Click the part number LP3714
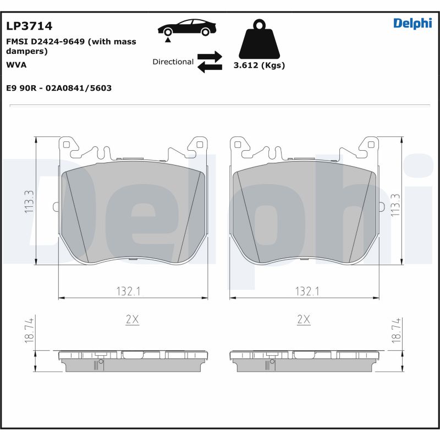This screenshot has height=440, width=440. click(x=29, y=26)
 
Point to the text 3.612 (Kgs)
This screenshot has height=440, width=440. click(x=259, y=65)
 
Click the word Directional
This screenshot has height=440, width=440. click(x=173, y=62)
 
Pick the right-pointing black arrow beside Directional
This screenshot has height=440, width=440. click(x=210, y=56)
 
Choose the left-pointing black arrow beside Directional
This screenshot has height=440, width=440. click(x=210, y=67)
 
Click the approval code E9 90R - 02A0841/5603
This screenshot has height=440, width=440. click(x=59, y=88)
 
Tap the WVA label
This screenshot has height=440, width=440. click(x=16, y=64)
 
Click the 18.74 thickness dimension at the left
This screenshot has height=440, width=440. click(x=29, y=331)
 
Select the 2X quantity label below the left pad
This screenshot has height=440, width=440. click(x=133, y=320)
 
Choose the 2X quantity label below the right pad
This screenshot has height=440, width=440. click(x=304, y=320)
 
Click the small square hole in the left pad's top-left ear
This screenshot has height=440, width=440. click(x=67, y=145)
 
